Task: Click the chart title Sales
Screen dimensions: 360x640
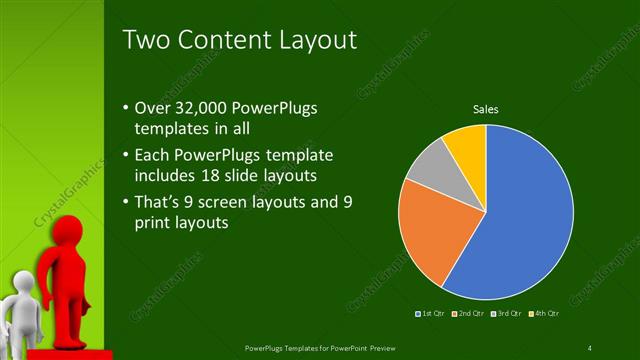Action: point(485,108)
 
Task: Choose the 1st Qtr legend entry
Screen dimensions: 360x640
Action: point(433,314)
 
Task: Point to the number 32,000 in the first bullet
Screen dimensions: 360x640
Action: point(202,109)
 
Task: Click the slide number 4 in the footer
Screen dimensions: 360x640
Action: point(590,347)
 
